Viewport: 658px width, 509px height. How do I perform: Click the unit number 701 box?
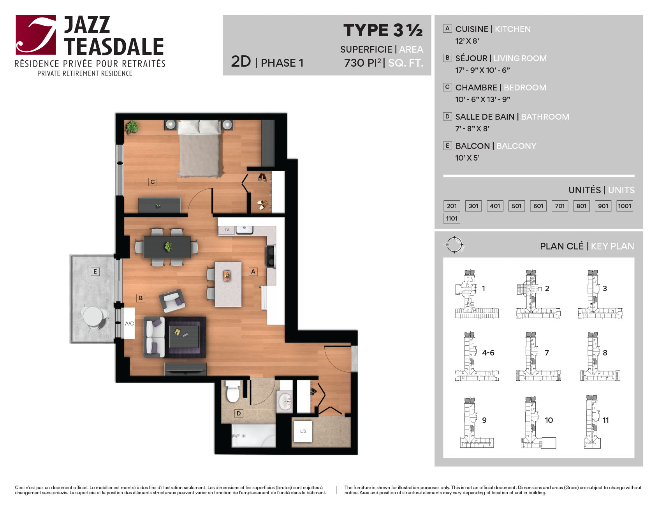tap(559, 206)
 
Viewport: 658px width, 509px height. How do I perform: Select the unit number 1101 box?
tap(452, 218)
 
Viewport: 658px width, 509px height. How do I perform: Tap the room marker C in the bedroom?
tap(153, 182)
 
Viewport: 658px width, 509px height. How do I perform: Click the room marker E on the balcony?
tap(95, 272)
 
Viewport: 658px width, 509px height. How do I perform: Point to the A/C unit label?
tap(129, 323)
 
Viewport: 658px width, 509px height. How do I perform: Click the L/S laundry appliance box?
tap(303, 431)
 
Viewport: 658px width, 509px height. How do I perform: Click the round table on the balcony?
tap(92, 316)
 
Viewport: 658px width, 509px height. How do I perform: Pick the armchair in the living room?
tap(172, 300)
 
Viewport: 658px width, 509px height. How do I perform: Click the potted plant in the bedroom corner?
tap(132, 127)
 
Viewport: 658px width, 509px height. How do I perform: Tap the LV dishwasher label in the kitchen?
tap(227, 230)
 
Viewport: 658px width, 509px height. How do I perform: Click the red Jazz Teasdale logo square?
tap(36, 35)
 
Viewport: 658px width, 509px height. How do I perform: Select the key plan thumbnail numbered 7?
tap(538, 356)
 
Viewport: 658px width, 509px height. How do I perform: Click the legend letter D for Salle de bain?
tap(447, 117)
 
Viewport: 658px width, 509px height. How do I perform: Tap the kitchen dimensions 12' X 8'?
tap(467, 41)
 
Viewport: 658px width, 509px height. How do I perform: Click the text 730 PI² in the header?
tap(362, 63)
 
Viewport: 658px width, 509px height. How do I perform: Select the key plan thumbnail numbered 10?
tap(538, 422)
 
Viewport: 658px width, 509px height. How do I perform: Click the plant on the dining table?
tap(168, 247)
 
